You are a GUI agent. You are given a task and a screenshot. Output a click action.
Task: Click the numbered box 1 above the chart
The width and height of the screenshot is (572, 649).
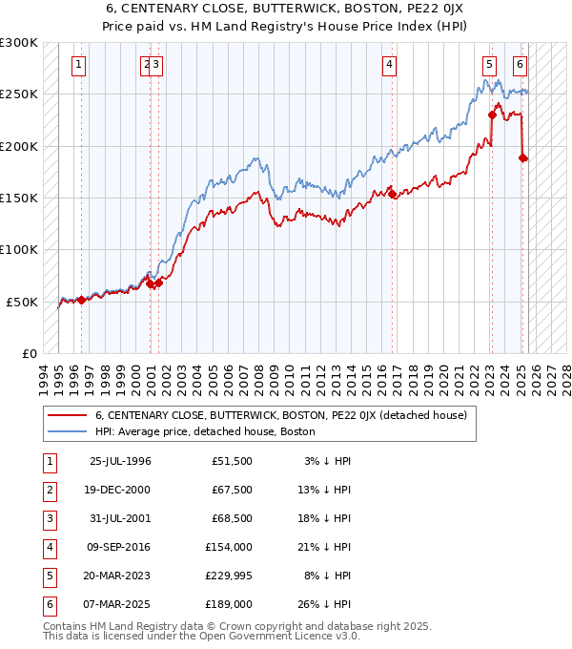[x=77, y=65]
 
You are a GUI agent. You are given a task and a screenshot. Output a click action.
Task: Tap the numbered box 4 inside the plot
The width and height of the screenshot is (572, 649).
[x=390, y=65]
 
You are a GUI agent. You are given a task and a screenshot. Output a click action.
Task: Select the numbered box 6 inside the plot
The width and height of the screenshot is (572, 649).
[x=520, y=65]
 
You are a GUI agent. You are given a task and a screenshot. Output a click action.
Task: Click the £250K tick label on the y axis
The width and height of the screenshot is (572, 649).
[x=19, y=94]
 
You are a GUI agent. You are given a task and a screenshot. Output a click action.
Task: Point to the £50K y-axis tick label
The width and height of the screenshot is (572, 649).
[x=22, y=301]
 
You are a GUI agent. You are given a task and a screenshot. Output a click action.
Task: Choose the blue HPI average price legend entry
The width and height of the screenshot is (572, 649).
[x=204, y=431]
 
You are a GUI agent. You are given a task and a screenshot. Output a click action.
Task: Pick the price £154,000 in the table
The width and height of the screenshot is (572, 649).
[x=229, y=547]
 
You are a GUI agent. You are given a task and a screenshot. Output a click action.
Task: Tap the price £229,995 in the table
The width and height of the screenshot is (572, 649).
[x=229, y=576]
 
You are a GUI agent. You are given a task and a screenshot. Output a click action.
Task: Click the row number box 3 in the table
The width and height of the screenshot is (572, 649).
[x=49, y=518]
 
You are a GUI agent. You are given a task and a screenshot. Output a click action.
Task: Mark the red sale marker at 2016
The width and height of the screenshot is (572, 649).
[x=393, y=195]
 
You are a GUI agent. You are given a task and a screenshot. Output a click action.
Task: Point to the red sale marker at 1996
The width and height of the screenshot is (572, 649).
[x=81, y=300]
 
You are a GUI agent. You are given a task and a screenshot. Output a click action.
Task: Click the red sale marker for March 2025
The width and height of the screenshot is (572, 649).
[x=523, y=158]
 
